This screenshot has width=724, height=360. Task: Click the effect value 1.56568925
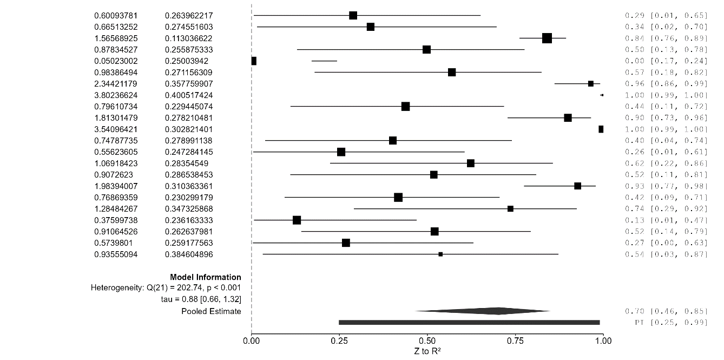click(x=115, y=38)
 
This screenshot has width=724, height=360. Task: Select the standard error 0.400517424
click(x=189, y=95)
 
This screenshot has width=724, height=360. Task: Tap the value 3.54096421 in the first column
click(x=115, y=129)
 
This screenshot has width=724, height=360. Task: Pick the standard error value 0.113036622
click(x=189, y=38)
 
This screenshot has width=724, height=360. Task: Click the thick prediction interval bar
click(x=469, y=322)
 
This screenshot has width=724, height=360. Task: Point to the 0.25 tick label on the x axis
click(x=339, y=341)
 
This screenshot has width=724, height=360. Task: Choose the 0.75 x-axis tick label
click(x=515, y=341)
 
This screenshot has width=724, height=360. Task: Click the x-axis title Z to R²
click(x=427, y=351)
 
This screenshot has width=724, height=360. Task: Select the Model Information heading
click(x=206, y=277)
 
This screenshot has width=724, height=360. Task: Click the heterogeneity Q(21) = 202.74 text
click(x=166, y=287)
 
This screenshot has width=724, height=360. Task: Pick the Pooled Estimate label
click(x=212, y=311)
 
